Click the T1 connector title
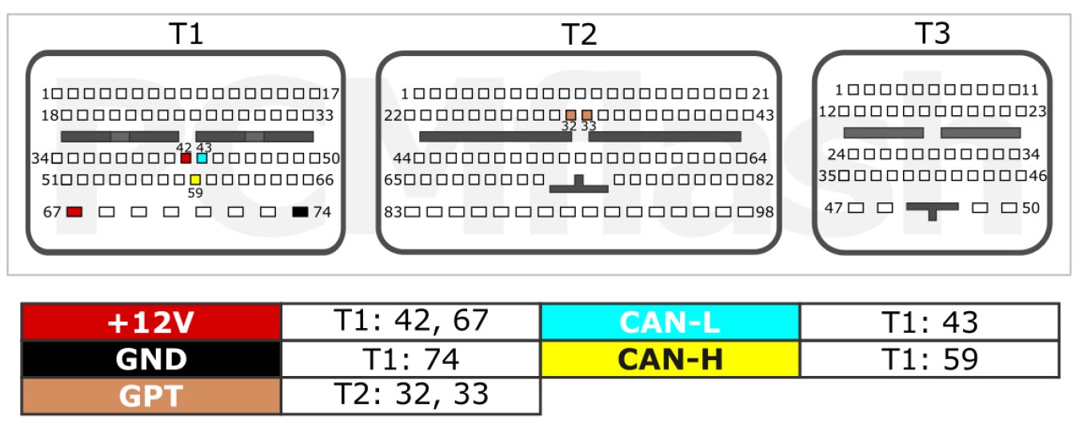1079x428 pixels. pos(186,34)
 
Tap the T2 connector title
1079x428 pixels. pos(579,34)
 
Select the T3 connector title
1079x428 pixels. pos(933,34)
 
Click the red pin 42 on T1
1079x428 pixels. pos(186,158)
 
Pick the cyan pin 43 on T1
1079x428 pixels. pos(202,158)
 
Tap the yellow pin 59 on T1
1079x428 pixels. pos(194,180)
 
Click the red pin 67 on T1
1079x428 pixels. pos(74,211)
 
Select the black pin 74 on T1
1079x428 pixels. pos(300,211)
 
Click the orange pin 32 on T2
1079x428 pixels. pos(571,115)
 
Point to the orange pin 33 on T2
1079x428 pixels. pos(587,115)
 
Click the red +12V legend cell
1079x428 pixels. pos(151,322)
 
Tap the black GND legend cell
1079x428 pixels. pos(151,359)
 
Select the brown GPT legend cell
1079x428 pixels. pos(151,396)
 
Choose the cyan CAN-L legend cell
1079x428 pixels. pos(670,322)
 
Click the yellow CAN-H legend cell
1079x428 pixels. pos(670,359)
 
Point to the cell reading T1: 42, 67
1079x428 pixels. pos(411,322)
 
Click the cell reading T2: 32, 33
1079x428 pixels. pos(411,396)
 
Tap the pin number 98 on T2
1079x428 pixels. pos(765,212)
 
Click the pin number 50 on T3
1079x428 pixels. pos(1030,208)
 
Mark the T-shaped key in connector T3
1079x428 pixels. pos(932,208)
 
